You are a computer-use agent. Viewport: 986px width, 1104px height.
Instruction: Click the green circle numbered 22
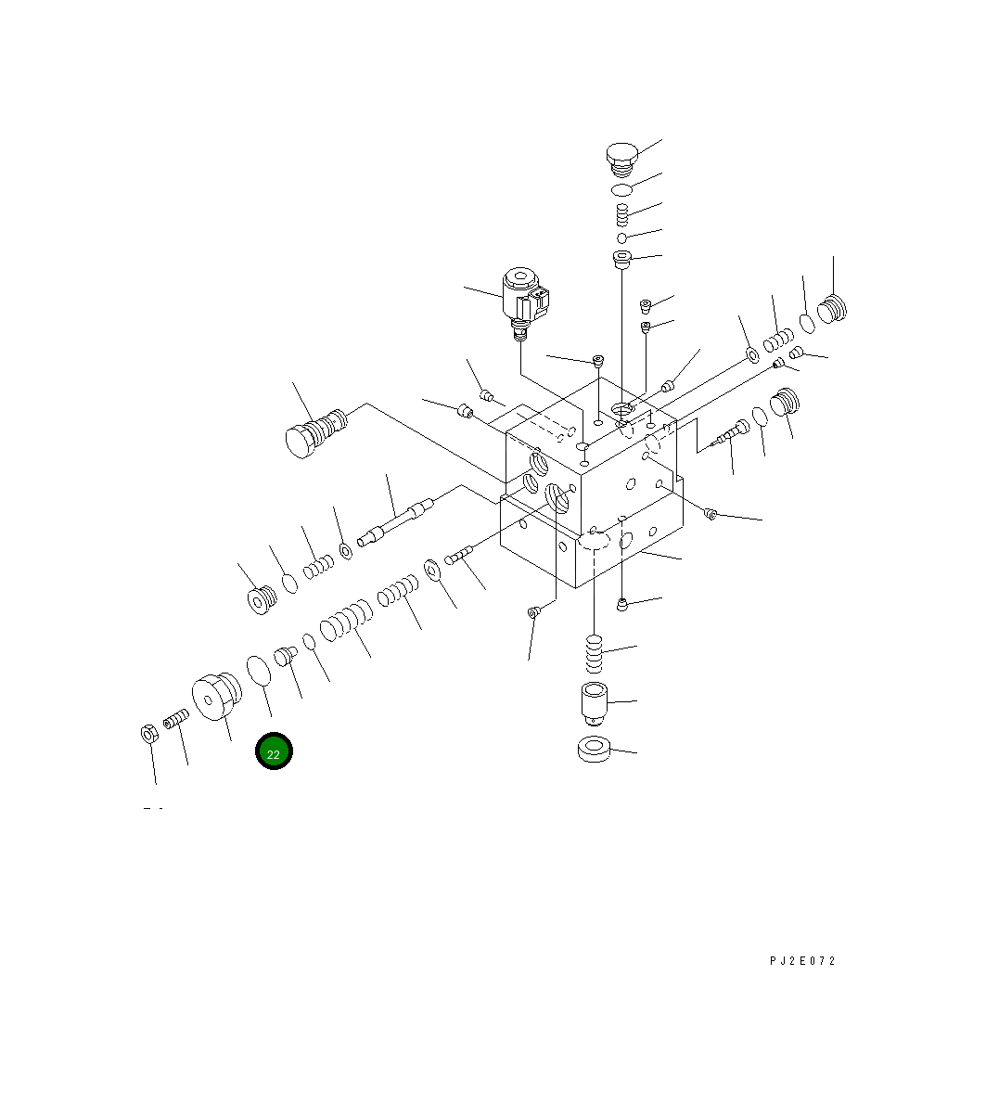pyautogui.click(x=274, y=751)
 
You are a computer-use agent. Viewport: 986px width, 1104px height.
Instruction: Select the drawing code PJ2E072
pyautogui.click(x=802, y=960)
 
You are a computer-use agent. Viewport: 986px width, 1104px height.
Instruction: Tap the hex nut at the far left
pyautogui.click(x=148, y=734)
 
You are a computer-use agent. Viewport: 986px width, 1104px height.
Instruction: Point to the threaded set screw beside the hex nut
pyautogui.click(x=176, y=719)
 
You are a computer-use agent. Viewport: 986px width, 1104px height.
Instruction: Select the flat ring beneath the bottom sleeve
pyautogui.click(x=594, y=750)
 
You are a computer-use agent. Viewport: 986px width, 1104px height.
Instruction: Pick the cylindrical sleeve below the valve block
pyautogui.click(x=595, y=703)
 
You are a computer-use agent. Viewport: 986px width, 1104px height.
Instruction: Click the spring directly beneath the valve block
pyautogui.click(x=595, y=654)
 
